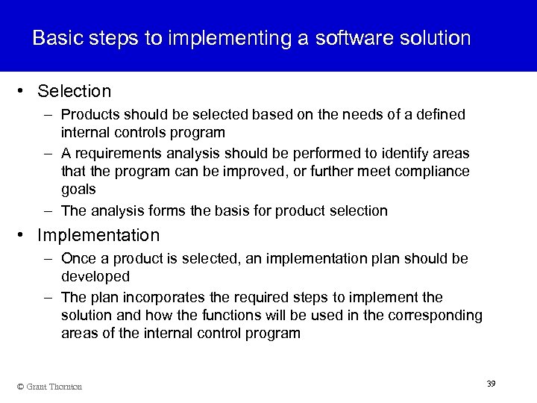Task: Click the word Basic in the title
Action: click(57, 38)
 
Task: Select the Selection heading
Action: click(74, 92)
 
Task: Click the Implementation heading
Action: click(98, 236)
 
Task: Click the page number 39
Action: click(491, 383)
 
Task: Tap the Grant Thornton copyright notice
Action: click(51, 386)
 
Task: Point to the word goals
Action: click(77, 190)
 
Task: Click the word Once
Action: click(78, 258)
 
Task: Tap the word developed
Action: click(95, 277)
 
